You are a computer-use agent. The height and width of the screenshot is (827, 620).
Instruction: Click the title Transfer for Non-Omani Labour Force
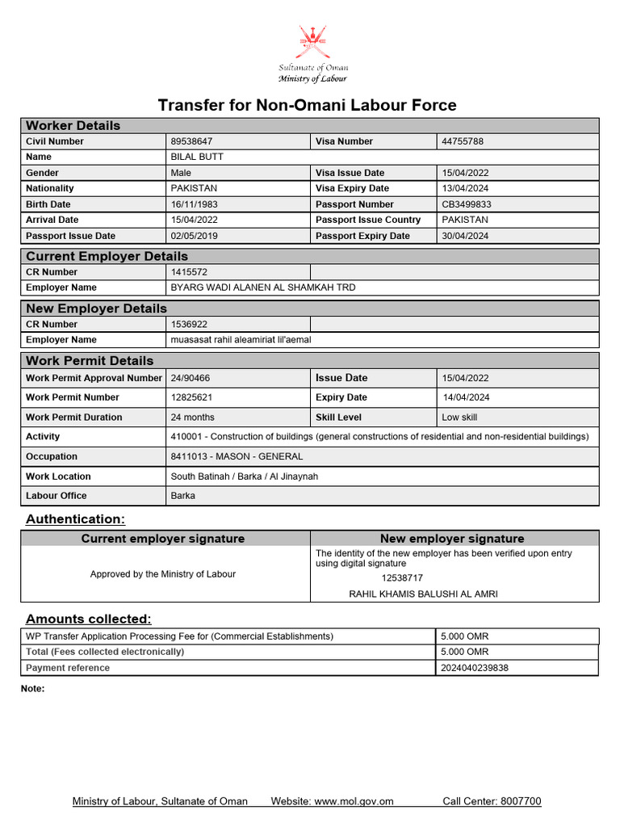[x=307, y=105]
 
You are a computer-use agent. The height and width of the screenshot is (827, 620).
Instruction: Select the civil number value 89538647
[x=192, y=141]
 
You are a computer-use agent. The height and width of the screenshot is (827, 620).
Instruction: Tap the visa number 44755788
[x=463, y=141]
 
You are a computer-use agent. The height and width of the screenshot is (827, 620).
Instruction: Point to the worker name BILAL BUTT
[x=197, y=157]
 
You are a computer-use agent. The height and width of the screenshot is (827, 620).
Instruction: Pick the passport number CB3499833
[x=467, y=204]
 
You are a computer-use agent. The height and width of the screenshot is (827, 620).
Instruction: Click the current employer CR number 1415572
[x=189, y=272]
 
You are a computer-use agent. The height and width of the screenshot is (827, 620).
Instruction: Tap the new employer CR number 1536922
[x=189, y=324]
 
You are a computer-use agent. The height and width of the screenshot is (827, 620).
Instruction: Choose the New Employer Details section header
[x=97, y=309]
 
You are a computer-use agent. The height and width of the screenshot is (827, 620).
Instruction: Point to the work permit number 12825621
[x=192, y=397]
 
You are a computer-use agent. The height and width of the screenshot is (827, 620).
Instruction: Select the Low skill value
[x=459, y=418]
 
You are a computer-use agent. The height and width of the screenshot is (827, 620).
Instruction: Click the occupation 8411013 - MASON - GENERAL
[x=237, y=456]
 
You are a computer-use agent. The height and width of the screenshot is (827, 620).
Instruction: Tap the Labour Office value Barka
[x=182, y=496]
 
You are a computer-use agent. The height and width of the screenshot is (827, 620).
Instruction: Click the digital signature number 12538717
[x=402, y=577]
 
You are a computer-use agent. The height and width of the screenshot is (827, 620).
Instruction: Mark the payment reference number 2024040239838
[x=475, y=668]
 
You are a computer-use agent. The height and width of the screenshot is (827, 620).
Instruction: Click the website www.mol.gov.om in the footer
[x=354, y=801]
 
